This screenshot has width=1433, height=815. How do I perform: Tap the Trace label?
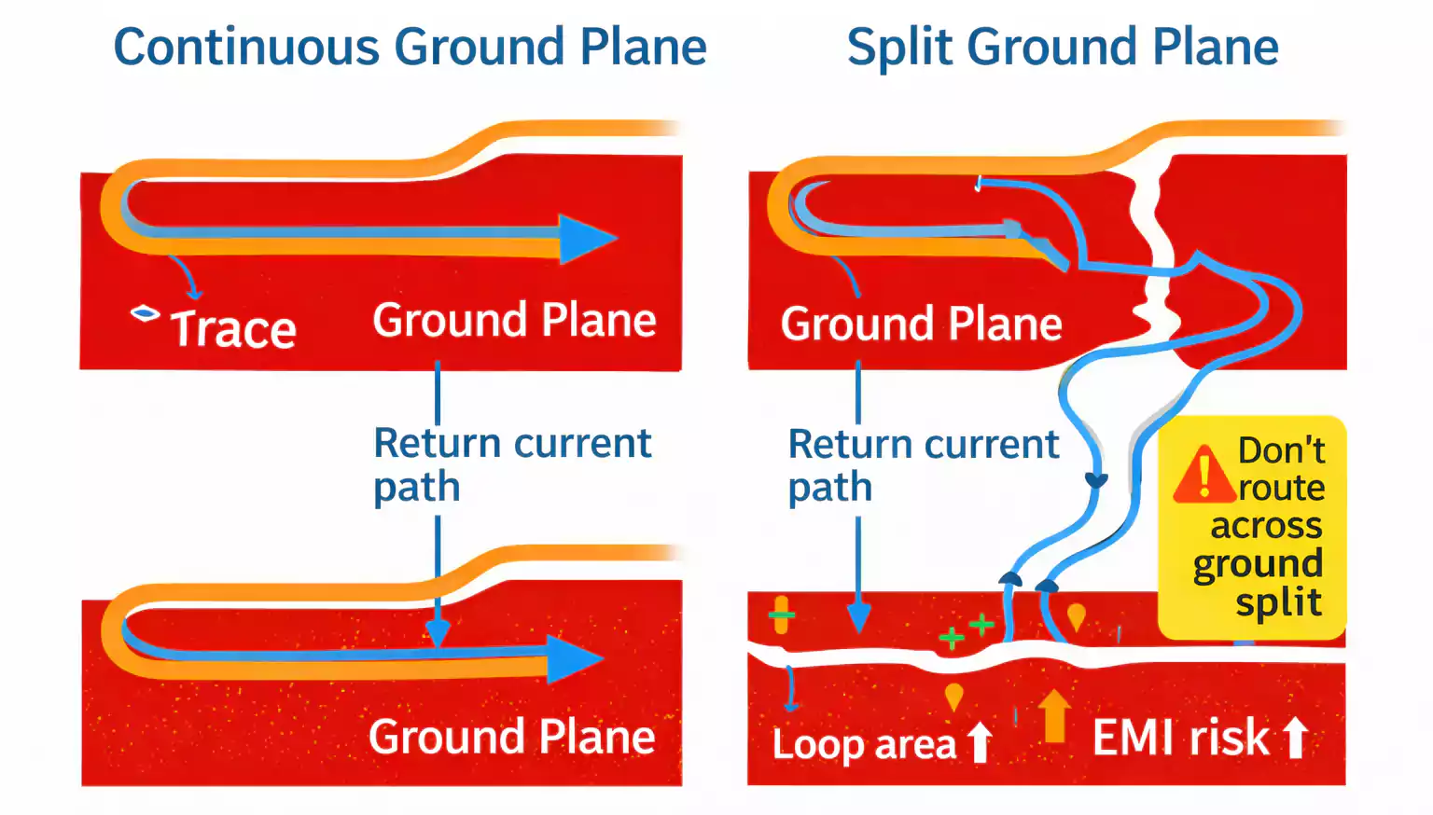(233, 329)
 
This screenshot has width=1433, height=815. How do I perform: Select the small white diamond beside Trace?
(145, 313)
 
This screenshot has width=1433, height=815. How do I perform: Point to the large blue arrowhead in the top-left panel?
(586, 239)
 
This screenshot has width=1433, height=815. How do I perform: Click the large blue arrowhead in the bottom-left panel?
(574, 659)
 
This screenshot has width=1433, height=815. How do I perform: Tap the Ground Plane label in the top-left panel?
(514, 321)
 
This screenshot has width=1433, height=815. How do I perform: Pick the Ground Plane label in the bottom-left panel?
(511, 737)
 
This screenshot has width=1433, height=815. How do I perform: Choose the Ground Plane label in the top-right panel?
(921, 325)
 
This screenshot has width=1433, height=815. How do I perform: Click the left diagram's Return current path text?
(510, 463)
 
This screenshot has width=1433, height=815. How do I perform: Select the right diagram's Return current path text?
(922, 464)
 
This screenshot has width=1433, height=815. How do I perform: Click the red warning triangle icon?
(1203, 475)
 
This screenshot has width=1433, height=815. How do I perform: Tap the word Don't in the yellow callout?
(1281, 450)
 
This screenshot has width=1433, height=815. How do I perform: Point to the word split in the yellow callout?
(1278, 602)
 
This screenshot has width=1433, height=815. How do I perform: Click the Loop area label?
(864, 744)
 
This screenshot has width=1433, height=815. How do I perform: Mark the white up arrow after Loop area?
(980, 742)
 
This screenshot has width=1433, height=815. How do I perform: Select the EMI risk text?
(1180, 738)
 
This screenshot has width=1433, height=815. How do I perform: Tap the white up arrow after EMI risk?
(1295, 737)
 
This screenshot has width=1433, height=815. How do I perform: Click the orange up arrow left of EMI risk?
(1054, 715)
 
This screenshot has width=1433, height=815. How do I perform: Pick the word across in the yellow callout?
(1266, 526)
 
